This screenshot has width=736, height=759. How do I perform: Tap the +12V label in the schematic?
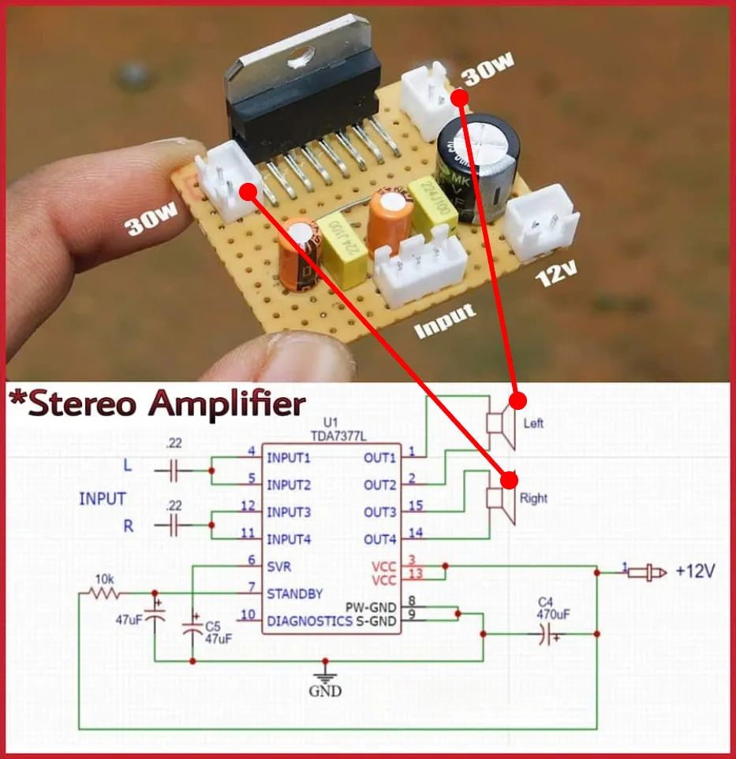(695, 572)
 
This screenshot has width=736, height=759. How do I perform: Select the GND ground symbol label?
(325, 691)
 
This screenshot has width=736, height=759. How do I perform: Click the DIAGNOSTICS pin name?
(309, 621)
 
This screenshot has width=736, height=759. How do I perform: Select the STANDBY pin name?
(294, 593)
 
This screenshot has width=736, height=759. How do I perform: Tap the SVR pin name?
(280, 567)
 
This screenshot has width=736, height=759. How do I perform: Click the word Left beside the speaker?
(534, 423)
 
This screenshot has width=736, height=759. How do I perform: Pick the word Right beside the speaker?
(533, 498)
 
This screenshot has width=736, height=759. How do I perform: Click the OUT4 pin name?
(380, 540)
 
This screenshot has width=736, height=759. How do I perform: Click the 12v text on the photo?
(557, 275)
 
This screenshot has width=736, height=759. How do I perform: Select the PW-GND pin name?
(371, 608)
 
